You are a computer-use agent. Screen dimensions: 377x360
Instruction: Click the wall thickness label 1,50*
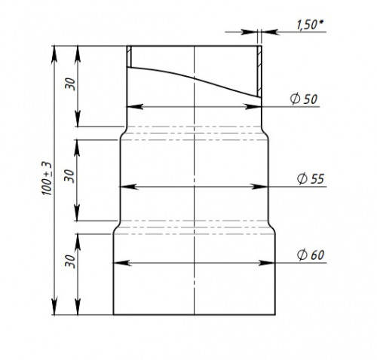point(310,25)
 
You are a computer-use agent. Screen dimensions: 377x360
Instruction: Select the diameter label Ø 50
point(304,99)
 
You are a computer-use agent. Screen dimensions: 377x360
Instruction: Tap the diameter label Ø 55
point(311,178)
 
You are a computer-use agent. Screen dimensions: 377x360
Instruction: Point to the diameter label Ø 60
point(311,255)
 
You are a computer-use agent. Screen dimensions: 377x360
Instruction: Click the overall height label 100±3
point(47,178)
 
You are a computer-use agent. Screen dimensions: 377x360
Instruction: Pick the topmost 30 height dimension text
point(70,84)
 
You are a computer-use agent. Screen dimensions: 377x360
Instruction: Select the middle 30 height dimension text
point(69,176)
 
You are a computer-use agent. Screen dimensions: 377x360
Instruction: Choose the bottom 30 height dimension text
point(70,261)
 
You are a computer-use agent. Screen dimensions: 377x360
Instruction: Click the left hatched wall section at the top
point(129,56)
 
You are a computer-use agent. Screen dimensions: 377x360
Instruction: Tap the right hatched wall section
point(259,72)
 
